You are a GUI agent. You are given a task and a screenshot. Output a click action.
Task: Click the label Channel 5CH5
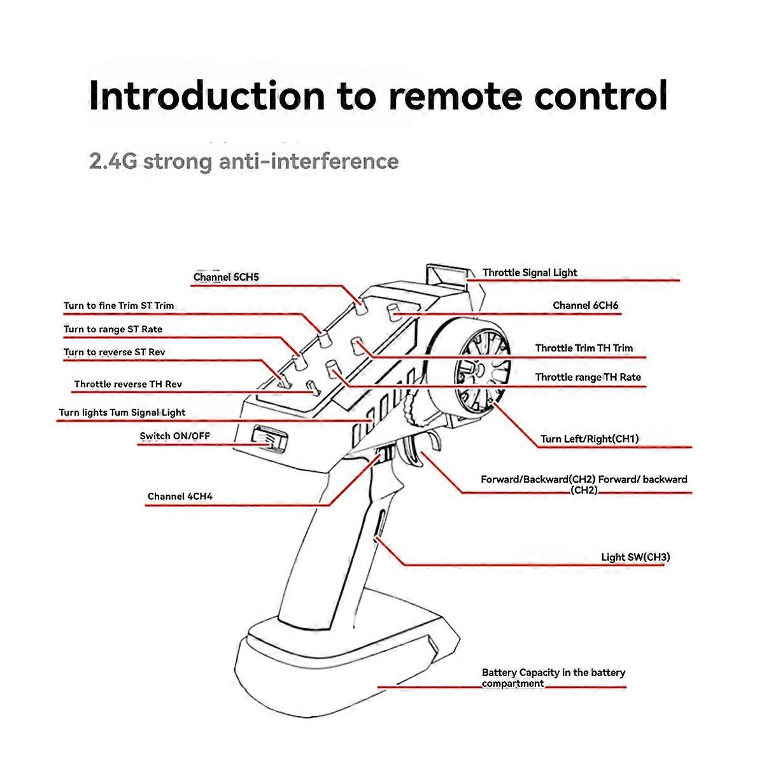pos(226,278)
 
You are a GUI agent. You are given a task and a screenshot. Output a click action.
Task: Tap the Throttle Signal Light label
pos(530,272)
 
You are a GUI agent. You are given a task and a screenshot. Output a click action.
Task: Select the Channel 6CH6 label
pos(585,306)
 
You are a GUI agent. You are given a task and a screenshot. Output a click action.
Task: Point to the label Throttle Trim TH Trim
pos(584,348)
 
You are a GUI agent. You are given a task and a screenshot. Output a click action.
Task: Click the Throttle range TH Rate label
pos(588,377)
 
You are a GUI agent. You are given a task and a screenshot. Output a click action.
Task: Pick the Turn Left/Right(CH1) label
pos(589,439)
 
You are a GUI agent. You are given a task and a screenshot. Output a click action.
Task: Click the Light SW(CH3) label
pos(635,557)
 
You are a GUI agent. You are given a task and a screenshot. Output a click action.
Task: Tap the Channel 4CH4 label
pos(180,497)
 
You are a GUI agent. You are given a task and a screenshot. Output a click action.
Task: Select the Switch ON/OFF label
pos(174,436)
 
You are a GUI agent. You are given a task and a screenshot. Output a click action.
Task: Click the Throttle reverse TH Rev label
pos(128,384)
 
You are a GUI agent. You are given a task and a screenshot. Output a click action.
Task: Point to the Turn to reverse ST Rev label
pos(115,352)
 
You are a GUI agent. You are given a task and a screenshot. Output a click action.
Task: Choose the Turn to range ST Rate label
pos(113,329)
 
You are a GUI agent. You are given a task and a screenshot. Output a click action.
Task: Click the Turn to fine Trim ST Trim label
pos(118,306)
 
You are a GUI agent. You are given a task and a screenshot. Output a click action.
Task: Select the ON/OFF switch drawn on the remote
pos(268,437)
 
